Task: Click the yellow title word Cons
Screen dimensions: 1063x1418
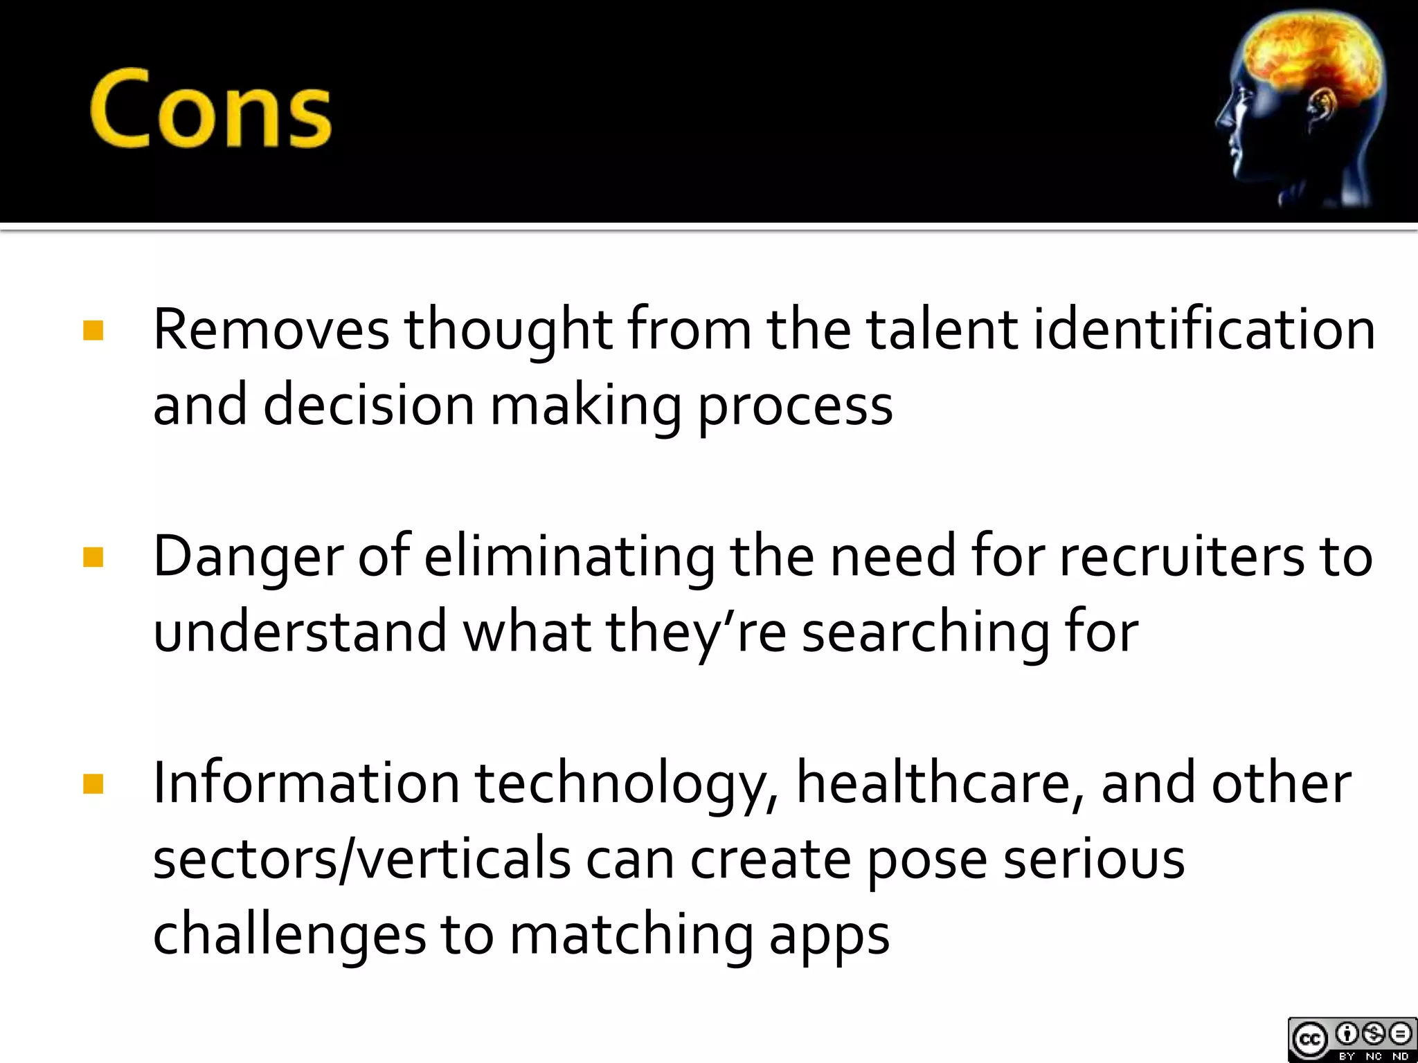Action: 210,109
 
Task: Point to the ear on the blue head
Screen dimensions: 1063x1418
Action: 1322,111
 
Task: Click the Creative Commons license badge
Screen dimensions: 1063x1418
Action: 1352,1039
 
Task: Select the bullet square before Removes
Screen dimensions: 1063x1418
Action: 93,330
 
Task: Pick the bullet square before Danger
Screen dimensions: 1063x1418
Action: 93,556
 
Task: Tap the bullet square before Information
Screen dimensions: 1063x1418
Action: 93,783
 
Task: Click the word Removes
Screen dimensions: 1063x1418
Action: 271,329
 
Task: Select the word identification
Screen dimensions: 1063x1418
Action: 1203,329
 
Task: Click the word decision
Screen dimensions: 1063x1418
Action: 368,405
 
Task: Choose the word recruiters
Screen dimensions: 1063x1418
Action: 1181,556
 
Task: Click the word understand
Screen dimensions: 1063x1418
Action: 300,631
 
